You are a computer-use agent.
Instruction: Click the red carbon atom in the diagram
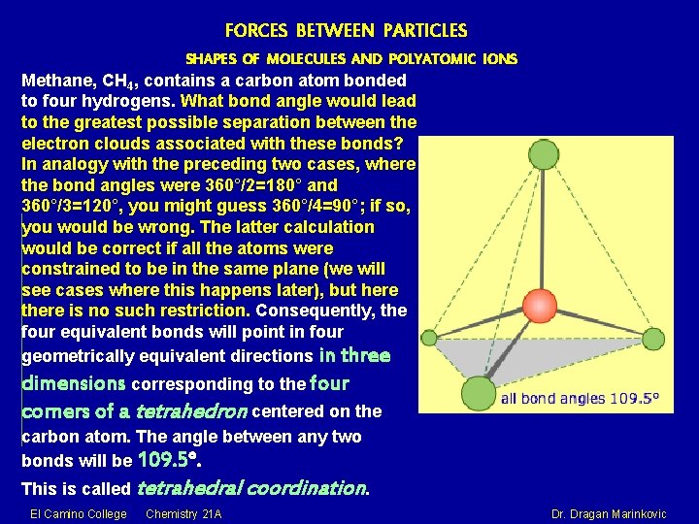pyautogui.click(x=540, y=305)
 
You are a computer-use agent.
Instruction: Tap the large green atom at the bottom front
pyautogui.click(x=478, y=393)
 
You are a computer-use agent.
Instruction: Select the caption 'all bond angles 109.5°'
pyautogui.click(x=580, y=398)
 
